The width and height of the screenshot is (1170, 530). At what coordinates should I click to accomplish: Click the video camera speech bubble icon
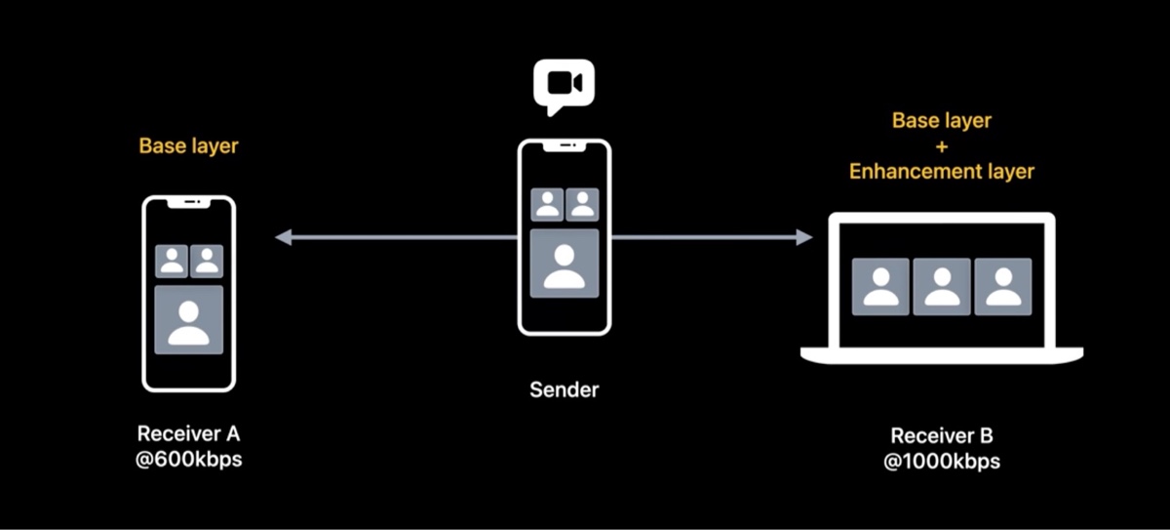(564, 86)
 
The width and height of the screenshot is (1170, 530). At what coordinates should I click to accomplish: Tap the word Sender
(565, 389)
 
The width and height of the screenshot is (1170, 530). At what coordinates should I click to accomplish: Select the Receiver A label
(188, 433)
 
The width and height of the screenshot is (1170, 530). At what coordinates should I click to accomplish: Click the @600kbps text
(188, 458)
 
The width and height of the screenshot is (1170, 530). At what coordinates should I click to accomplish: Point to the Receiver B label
(941, 436)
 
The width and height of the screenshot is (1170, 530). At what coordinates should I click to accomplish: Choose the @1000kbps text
(941, 461)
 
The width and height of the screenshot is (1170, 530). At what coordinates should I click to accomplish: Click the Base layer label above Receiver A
(188, 146)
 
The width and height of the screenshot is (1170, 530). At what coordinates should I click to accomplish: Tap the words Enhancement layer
(941, 172)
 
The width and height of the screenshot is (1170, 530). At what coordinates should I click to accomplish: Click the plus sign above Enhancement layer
(941, 146)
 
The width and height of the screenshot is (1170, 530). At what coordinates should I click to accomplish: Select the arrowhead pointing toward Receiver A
(283, 237)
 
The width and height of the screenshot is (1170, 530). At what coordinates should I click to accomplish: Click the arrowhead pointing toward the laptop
(804, 237)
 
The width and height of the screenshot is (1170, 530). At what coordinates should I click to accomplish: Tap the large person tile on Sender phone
(565, 264)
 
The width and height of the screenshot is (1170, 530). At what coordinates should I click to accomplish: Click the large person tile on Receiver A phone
(189, 319)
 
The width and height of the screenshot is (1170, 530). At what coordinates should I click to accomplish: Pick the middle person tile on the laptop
(942, 286)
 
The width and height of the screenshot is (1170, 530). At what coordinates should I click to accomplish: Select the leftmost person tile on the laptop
(881, 286)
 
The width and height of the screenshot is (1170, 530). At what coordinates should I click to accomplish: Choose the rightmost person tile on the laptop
(1002, 286)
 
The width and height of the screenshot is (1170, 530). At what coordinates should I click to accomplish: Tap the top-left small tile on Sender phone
(547, 205)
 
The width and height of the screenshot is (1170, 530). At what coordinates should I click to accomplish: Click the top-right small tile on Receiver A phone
(207, 261)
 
